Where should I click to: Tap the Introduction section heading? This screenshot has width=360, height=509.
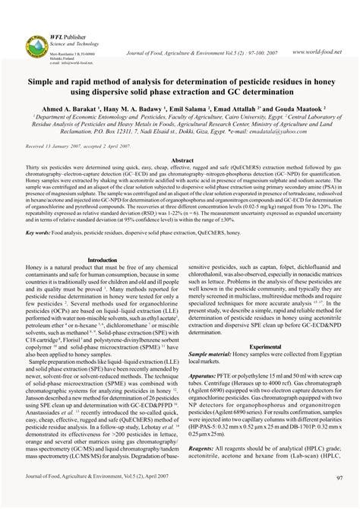tap(102, 260)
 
